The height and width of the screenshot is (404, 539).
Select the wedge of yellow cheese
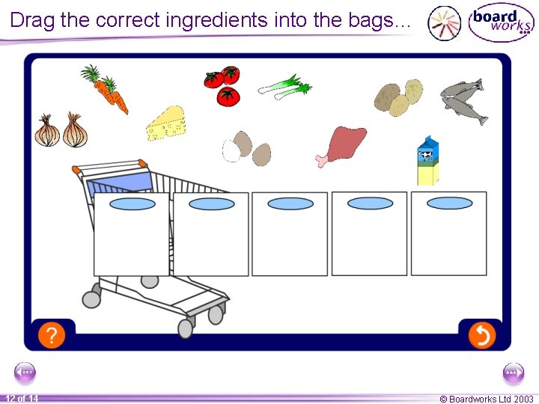[x=166, y=123]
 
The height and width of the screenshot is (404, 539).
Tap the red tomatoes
[x=224, y=85]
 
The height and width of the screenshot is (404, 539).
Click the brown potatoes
[x=398, y=97]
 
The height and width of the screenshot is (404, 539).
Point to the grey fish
[x=464, y=100]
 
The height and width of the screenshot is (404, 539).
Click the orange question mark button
[x=51, y=335]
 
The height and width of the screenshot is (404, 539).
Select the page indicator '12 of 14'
[x=22, y=399]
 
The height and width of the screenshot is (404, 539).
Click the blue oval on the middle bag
[x=290, y=203]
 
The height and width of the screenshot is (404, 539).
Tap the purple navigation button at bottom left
[x=25, y=372]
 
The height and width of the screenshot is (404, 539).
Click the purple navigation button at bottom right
[x=514, y=372]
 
